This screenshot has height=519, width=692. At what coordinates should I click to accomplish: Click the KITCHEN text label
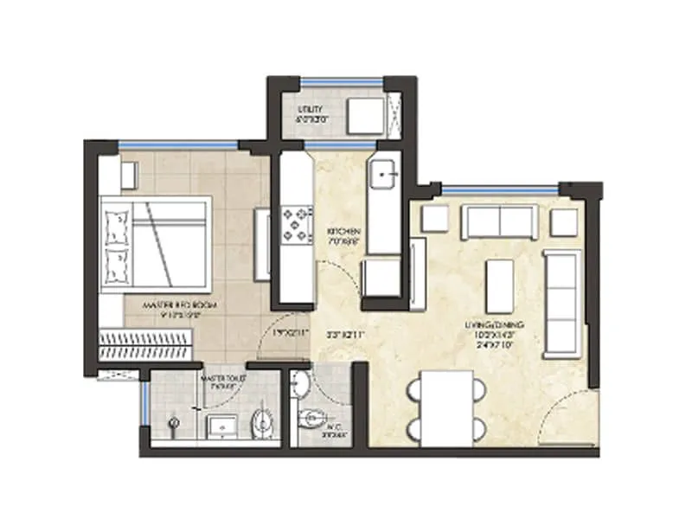[338, 235]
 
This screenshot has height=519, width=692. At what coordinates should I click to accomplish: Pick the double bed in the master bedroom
[156, 245]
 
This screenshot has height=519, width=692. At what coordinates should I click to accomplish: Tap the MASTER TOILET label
[220, 381]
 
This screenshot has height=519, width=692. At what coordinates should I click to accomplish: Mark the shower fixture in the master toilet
[174, 424]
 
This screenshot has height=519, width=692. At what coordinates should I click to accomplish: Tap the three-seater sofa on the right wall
[561, 303]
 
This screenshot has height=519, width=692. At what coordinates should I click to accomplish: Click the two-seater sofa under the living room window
[499, 222]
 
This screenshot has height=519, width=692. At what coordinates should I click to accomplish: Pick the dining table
[446, 407]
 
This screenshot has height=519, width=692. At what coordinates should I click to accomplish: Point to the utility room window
[342, 83]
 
